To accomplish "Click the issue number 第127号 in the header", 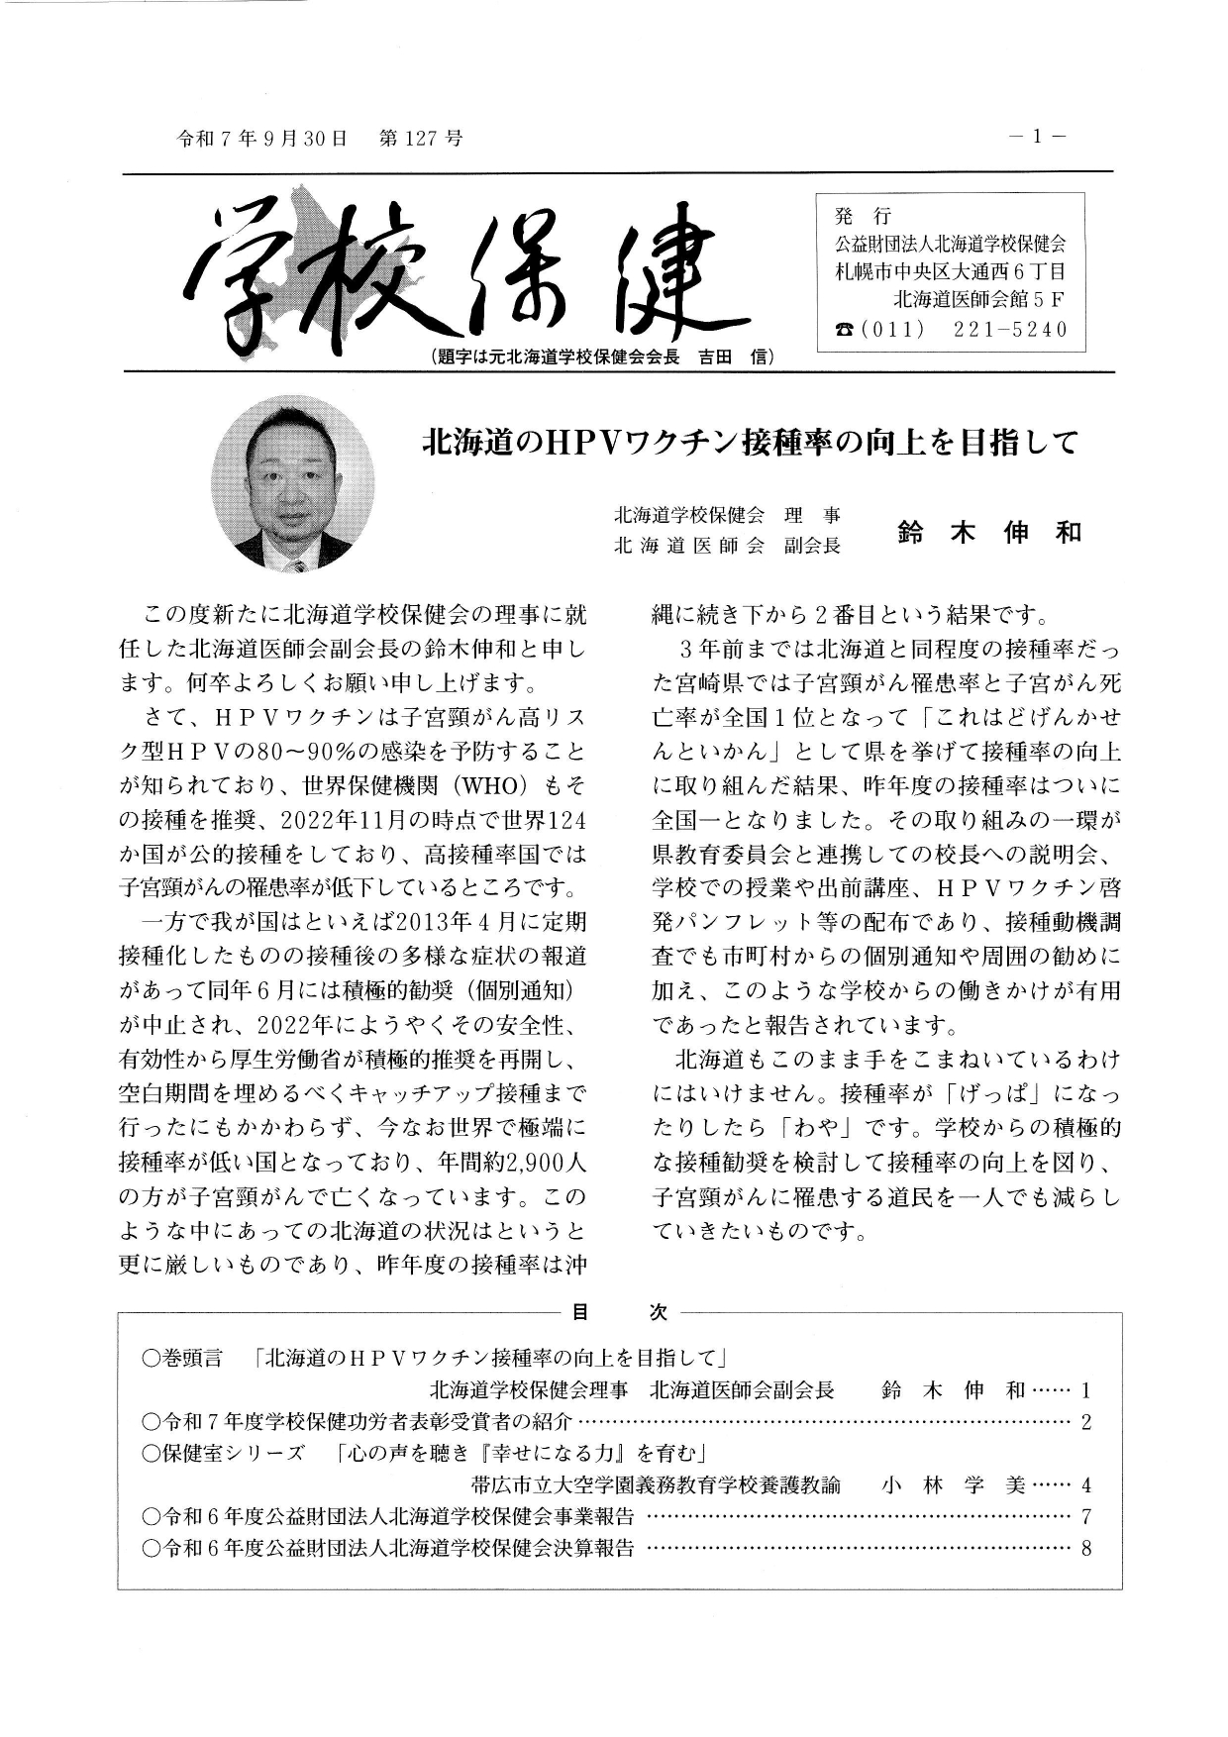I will [x=421, y=139].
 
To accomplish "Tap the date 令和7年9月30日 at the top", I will [x=261, y=139].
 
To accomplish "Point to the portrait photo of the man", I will [x=293, y=484].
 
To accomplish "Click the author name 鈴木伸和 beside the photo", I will [x=989, y=533].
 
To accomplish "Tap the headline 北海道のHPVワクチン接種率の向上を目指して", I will [x=749, y=442].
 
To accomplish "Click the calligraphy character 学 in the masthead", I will [x=238, y=272].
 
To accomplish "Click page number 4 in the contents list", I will [x=1086, y=1485].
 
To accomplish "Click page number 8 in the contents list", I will [x=1086, y=1549].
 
